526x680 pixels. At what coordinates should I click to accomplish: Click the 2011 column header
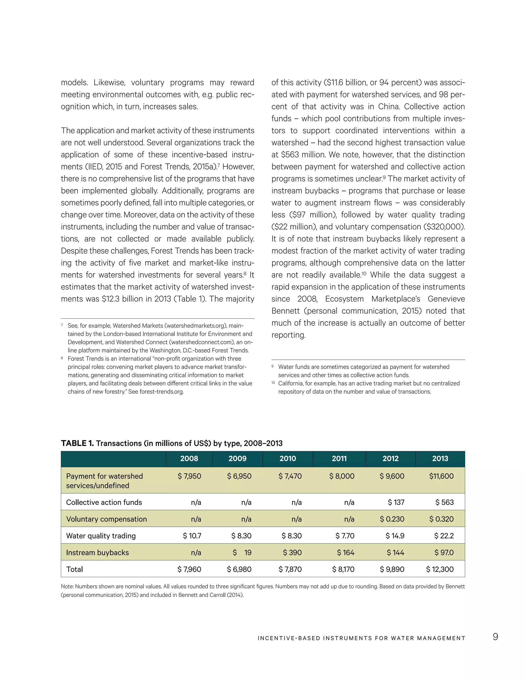[339, 458]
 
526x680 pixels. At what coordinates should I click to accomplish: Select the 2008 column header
[189, 458]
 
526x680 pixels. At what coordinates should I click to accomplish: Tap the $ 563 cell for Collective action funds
[444, 502]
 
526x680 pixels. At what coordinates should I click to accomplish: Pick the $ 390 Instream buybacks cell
[292, 552]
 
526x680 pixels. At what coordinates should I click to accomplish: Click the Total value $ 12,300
[440, 569]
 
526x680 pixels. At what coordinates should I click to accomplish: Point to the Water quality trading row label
[101, 536]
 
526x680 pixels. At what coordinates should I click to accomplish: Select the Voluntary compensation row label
[106, 519]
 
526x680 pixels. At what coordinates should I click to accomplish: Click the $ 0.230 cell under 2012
[392, 519]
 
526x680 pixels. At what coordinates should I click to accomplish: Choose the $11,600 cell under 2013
[441, 476]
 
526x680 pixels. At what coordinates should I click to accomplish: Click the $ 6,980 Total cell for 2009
[239, 569]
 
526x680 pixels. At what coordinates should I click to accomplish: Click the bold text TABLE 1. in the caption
[77, 443]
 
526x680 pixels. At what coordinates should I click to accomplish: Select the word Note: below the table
[67, 586]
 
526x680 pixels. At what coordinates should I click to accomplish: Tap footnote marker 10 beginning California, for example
[273, 383]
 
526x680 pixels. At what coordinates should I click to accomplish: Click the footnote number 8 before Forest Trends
[62, 358]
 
